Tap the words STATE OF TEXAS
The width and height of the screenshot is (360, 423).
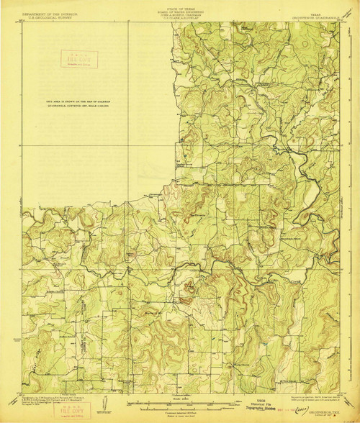click(x=180, y=4)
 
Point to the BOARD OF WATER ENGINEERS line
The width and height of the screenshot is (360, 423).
click(x=180, y=8)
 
